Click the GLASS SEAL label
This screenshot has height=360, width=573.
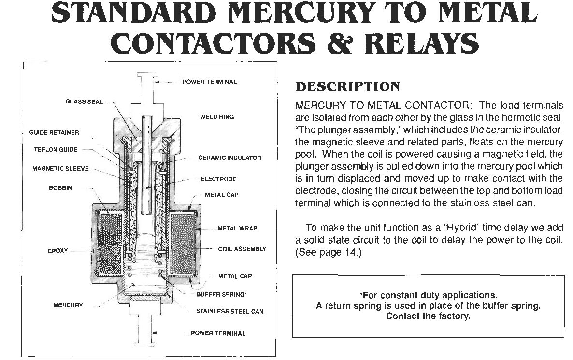point(84,101)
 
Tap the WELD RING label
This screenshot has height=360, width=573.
point(217,117)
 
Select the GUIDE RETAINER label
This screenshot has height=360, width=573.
point(54,133)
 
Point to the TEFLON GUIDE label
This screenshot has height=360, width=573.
point(56,149)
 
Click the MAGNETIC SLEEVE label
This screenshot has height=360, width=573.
point(61,169)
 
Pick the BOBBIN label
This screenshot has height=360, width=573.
point(61,188)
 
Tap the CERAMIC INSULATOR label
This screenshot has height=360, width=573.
point(230,158)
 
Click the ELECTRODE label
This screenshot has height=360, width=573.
point(218,179)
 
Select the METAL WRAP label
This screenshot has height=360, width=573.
point(238,229)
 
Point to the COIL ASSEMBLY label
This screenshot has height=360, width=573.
point(242,249)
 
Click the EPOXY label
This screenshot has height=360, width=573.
point(58,251)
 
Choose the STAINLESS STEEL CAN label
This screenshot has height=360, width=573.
point(230,311)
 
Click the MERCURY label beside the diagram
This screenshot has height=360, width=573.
point(68,305)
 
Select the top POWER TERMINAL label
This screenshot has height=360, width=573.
point(209,82)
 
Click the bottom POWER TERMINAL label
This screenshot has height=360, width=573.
point(218,333)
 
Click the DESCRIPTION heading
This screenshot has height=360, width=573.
point(347,87)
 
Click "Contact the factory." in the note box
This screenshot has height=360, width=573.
point(428,316)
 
